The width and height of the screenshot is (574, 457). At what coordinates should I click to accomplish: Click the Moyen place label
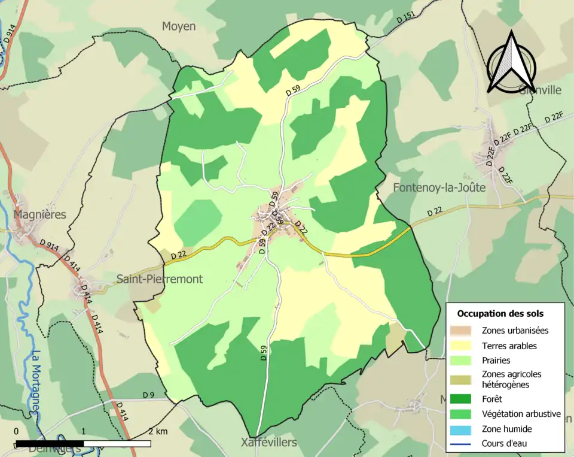179,26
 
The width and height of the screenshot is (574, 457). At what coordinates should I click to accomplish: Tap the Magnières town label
40,214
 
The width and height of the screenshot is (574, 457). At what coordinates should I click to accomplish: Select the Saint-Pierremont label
159,279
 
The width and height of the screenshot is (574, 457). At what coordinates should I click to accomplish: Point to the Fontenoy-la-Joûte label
439,187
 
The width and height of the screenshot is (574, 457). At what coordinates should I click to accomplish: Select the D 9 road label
149,395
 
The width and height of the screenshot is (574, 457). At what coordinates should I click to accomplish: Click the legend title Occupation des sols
500,313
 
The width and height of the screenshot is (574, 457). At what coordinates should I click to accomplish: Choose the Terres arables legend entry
509,346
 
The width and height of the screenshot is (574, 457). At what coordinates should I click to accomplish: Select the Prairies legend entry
496,361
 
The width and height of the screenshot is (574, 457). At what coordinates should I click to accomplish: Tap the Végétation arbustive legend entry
521,414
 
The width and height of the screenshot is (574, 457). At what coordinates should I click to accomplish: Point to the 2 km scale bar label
158,431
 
